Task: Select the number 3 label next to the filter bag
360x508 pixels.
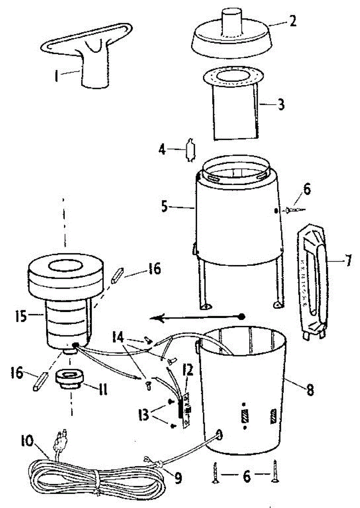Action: [x=280, y=104]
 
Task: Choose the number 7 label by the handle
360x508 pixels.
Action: [x=348, y=261]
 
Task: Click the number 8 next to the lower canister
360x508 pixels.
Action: [x=310, y=389]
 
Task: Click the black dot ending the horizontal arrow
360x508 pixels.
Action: [x=242, y=316]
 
